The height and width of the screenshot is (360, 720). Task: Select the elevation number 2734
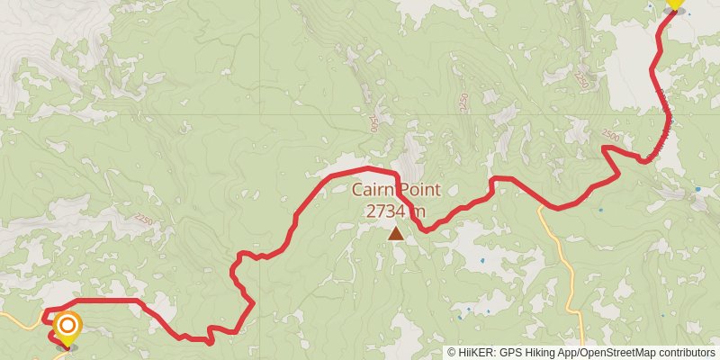(x=386, y=211)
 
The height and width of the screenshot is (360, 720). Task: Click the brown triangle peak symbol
(x=396, y=234)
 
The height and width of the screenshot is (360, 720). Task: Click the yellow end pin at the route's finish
(x=674, y=4)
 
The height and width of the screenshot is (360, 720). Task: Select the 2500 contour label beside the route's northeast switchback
(x=610, y=135)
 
